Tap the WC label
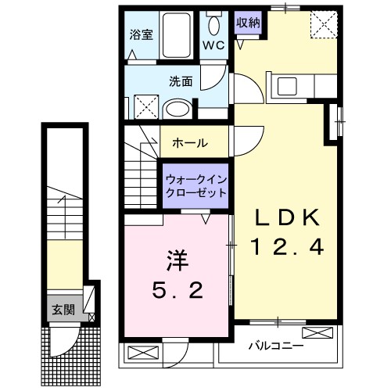(x=213, y=45)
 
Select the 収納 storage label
(x=248, y=22)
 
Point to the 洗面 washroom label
(x=181, y=81)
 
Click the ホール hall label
(x=190, y=143)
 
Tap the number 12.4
(x=286, y=249)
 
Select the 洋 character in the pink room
(x=177, y=259)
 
